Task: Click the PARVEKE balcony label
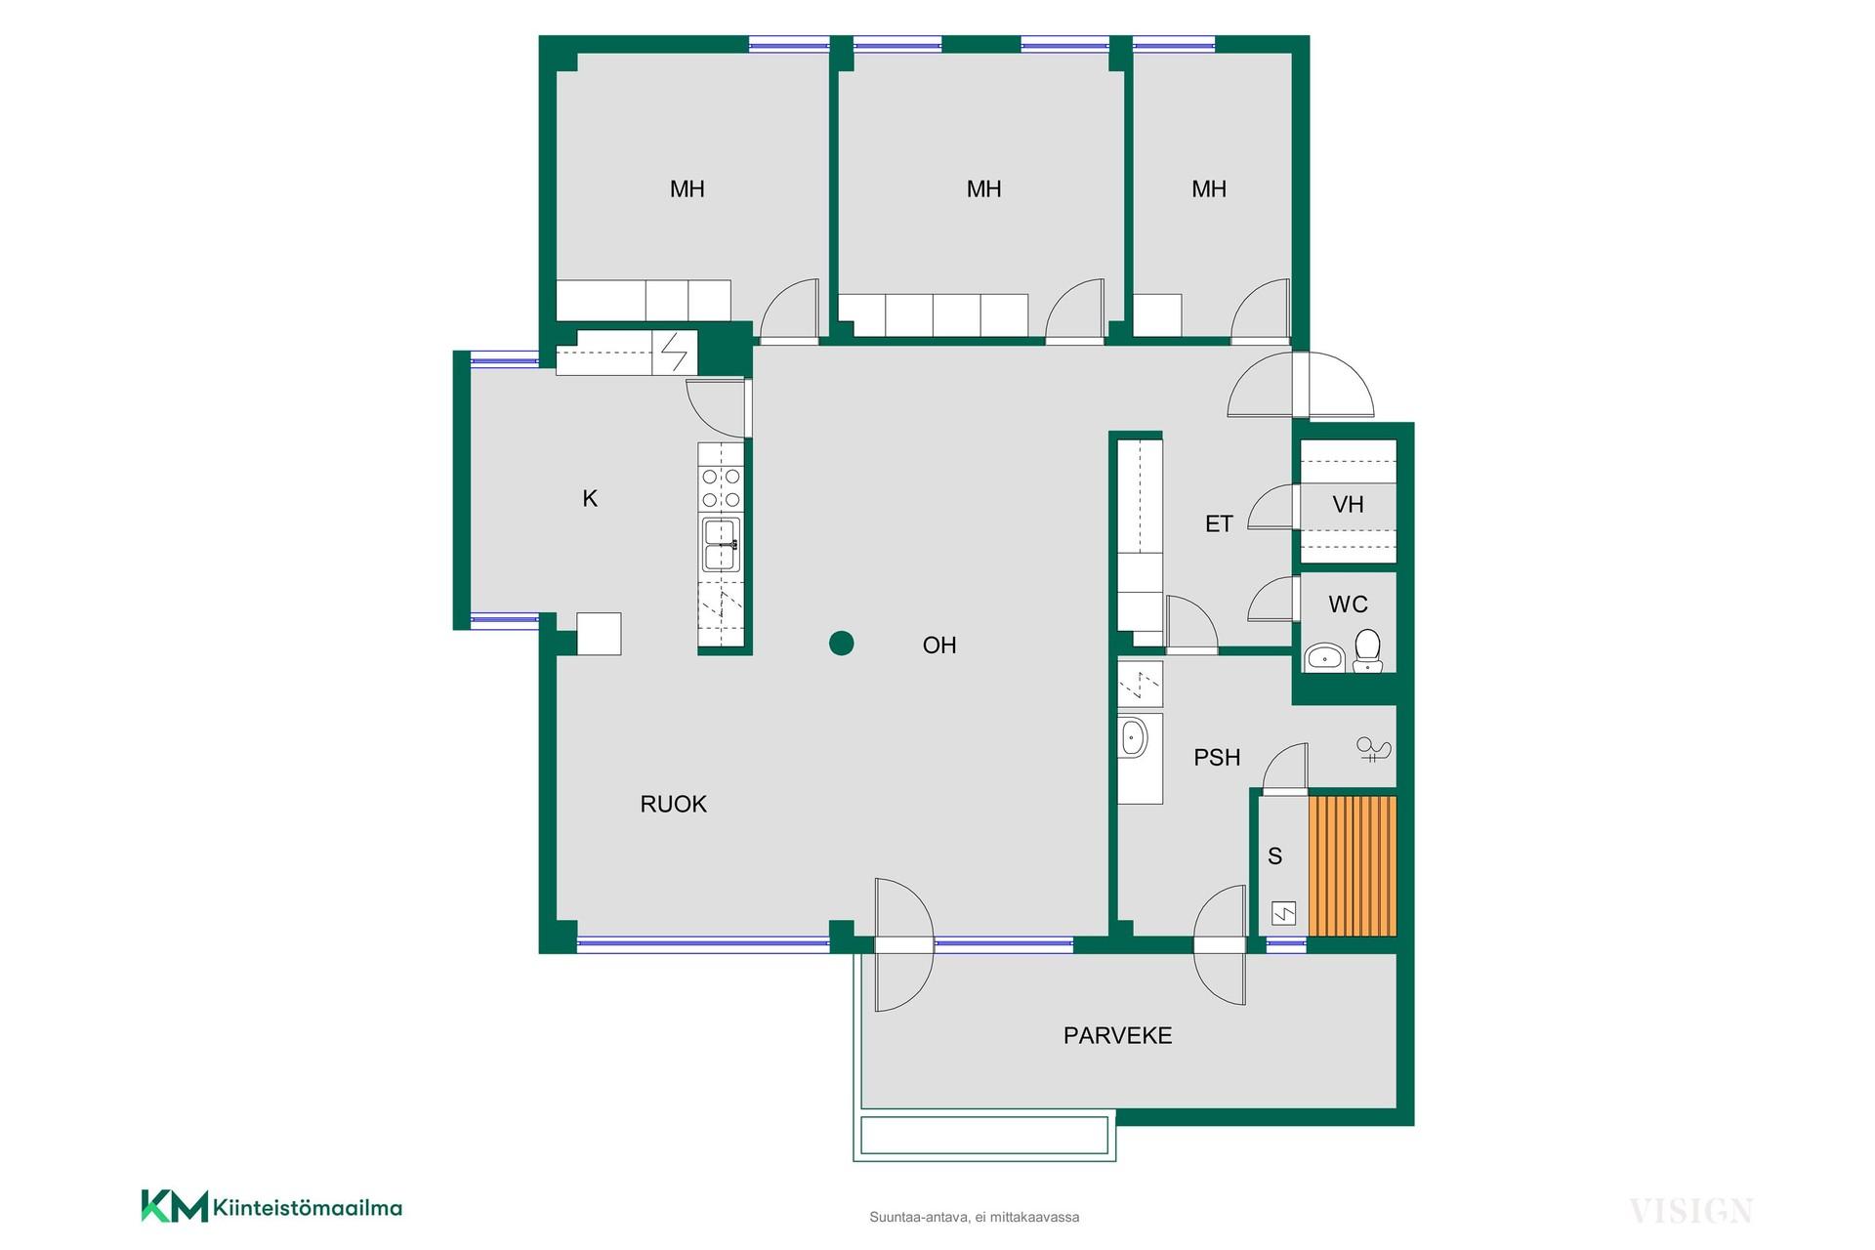[x=1117, y=1035]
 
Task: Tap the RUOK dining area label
[x=673, y=804]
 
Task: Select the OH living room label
[x=939, y=645]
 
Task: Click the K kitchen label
[x=590, y=499]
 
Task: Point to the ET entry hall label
[x=1219, y=524]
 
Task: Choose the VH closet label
[x=1348, y=505]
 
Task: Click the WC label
[x=1348, y=604]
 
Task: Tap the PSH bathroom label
[x=1217, y=757]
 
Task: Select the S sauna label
[x=1274, y=856]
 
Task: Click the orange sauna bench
[x=1353, y=866]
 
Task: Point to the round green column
[x=841, y=643]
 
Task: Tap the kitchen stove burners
[x=721, y=488]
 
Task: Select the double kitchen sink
[x=721, y=544]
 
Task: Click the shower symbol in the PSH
[x=1373, y=750]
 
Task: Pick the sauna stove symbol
[x=1283, y=914]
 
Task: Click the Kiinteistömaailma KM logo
[x=271, y=1206]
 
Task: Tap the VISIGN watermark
[x=1690, y=1211]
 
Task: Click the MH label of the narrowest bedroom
[x=1209, y=189]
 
